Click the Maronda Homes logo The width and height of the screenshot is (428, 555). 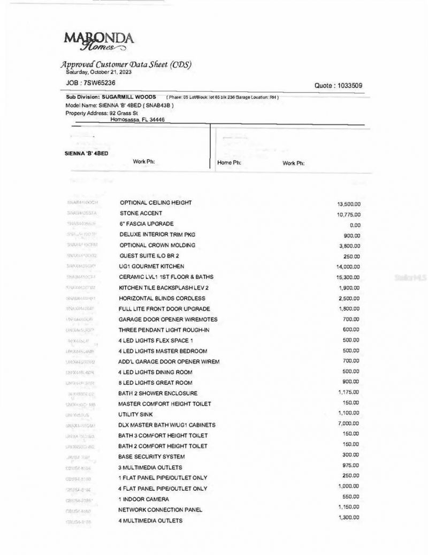point(98,42)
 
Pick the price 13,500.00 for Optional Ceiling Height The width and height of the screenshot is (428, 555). point(349,204)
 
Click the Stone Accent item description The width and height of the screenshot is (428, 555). point(141,214)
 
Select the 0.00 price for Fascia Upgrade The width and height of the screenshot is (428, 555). point(355,225)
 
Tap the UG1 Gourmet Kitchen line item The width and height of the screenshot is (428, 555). point(151,267)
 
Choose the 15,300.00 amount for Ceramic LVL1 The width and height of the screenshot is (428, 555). point(349,277)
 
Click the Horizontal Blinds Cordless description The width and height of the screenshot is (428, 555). point(162,298)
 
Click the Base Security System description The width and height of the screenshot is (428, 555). point(151,457)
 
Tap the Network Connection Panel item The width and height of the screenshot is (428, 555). point(160,510)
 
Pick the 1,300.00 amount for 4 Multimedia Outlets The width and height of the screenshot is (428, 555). point(348,518)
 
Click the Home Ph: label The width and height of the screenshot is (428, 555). point(229,163)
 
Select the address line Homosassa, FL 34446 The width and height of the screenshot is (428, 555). point(137,120)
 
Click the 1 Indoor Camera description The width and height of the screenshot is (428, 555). point(143,499)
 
